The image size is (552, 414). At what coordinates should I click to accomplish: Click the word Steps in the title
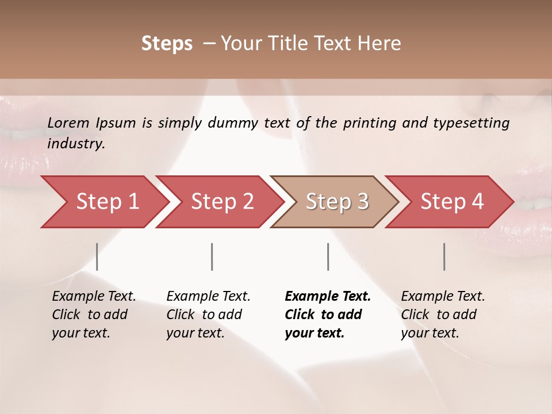pos(167,44)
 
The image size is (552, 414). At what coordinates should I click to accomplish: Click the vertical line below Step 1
pos(97,256)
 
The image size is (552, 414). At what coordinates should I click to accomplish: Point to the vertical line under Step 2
pos(212,256)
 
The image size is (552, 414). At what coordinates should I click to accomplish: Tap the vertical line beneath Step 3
pos(328,256)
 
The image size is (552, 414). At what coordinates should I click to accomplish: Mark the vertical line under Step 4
pos(444,256)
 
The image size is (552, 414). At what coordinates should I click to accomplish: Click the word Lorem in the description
pos(68,122)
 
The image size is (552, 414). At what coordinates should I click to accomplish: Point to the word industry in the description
pos(76,144)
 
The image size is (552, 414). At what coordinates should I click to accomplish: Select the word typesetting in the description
pos(471,122)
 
